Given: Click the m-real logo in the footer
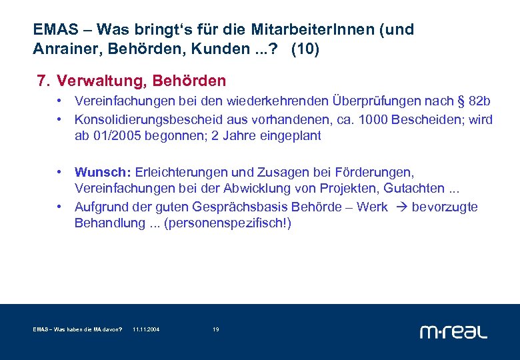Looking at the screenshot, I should pos(453,331).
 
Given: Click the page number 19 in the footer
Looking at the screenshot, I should pos(215,330).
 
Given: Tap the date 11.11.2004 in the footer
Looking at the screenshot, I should pos(146,330).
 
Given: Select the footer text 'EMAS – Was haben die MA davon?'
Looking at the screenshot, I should pos(77,330).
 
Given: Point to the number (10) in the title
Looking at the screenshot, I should pos(305,49).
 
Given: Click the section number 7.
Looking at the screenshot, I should pos(44,81).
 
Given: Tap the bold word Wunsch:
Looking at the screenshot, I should pos(97,173).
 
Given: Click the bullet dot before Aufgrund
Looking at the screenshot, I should pos(60,207).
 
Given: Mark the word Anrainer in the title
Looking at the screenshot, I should pos(61,49).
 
